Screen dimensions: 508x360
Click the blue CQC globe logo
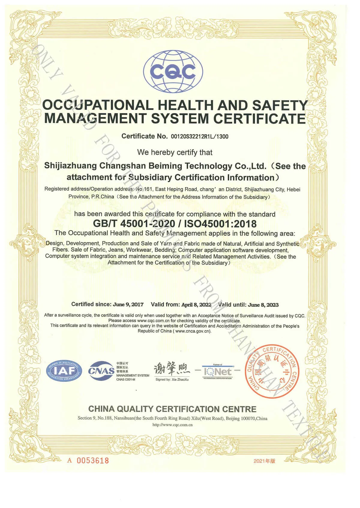[x=173, y=72]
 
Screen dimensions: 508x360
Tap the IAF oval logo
[x=64, y=371]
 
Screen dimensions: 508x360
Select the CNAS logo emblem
[x=101, y=371]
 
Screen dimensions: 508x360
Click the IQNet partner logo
[x=218, y=372]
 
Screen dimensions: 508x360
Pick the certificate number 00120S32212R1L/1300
[x=199, y=137]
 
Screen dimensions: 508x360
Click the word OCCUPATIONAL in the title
[x=98, y=105]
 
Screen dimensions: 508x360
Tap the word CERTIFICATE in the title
[x=259, y=119]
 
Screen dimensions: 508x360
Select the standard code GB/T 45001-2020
[x=134, y=224]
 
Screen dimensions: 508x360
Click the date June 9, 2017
[x=128, y=305]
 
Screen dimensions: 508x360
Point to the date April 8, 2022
[x=196, y=305]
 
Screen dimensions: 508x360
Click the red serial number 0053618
[x=93, y=460]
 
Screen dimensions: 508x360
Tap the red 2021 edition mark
[x=264, y=461]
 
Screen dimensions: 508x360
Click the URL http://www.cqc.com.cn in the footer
[x=172, y=425]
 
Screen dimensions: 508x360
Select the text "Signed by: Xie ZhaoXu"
[x=172, y=379]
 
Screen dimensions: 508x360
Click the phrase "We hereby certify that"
[x=175, y=152]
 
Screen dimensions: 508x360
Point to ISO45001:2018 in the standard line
[x=220, y=224]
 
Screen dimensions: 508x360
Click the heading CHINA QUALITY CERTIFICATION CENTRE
[x=172, y=409]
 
